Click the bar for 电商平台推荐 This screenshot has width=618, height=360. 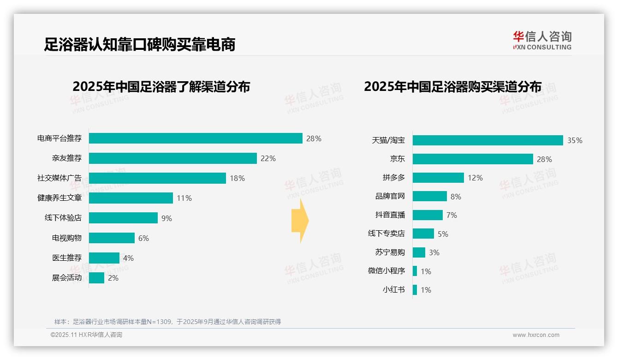pyautogui.click(x=196, y=138)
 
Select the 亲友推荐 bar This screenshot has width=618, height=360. pyautogui.click(x=172, y=158)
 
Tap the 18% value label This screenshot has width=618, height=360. pyautogui.click(x=238, y=178)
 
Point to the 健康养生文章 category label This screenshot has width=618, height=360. pyautogui.click(x=59, y=198)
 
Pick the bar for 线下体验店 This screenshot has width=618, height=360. pyautogui.click(x=123, y=218)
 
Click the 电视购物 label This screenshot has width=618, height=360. pyautogui.click(x=67, y=238)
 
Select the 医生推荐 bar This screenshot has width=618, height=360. pyautogui.click(x=104, y=258)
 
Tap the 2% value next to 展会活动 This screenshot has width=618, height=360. pyautogui.click(x=113, y=278)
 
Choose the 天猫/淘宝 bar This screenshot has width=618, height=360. pyautogui.click(x=487, y=140)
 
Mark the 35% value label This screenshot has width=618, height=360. pyautogui.click(x=575, y=141)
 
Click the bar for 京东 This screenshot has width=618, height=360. pyautogui.click(x=473, y=159)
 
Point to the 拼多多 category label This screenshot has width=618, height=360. pyautogui.click(x=394, y=178)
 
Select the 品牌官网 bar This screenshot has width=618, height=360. pyautogui.click(x=429, y=196)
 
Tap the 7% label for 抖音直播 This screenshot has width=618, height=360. pyautogui.click(x=452, y=216)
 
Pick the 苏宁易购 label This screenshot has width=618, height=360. pyautogui.click(x=390, y=252)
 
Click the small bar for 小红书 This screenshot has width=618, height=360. pyautogui.click(x=415, y=290)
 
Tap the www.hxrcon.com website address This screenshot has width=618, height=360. pyautogui.click(x=536, y=335)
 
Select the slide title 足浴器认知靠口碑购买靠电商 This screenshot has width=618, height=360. pyautogui.click(x=140, y=44)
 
